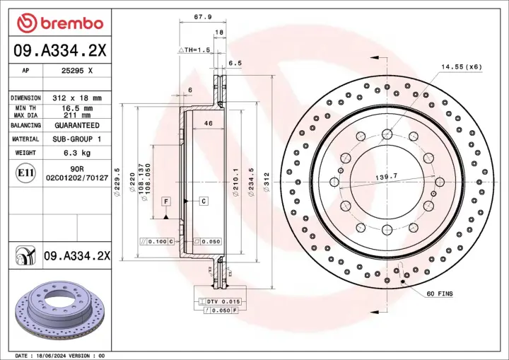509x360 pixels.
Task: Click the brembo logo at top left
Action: [60, 23]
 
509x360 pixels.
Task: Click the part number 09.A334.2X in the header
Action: [60, 50]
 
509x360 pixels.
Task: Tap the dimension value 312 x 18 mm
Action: [77, 97]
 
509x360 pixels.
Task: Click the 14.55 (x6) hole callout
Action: [461, 66]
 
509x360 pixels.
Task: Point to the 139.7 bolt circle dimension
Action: [387, 175]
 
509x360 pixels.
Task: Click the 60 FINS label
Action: [440, 293]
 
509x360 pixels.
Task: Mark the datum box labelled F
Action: [166, 202]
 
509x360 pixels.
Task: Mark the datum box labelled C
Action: [203, 202]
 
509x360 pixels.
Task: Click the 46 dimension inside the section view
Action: [209, 124]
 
